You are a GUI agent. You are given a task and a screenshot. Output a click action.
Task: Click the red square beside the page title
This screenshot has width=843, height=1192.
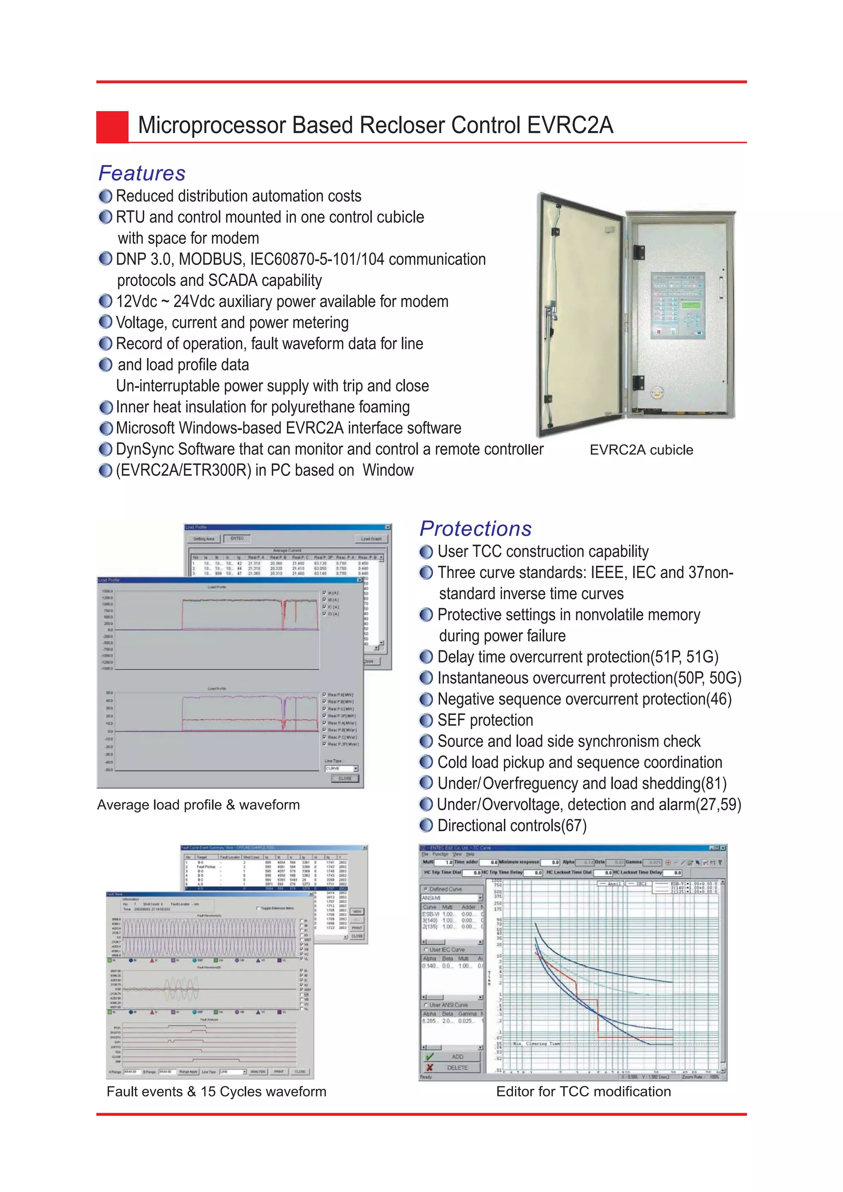(x=112, y=127)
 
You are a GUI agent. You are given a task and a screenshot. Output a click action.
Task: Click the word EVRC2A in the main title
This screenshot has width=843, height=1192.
(x=570, y=126)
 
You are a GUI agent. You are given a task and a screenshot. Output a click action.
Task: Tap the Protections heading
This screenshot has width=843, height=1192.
(x=475, y=529)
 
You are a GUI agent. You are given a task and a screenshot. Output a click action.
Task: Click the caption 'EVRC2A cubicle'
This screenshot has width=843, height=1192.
(x=641, y=450)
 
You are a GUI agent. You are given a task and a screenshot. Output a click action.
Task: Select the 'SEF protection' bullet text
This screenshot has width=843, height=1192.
(x=485, y=720)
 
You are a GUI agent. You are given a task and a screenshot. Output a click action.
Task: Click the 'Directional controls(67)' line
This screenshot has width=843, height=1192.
(x=512, y=826)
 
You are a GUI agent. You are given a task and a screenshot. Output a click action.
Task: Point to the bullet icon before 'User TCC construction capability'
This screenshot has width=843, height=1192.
(x=426, y=551)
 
